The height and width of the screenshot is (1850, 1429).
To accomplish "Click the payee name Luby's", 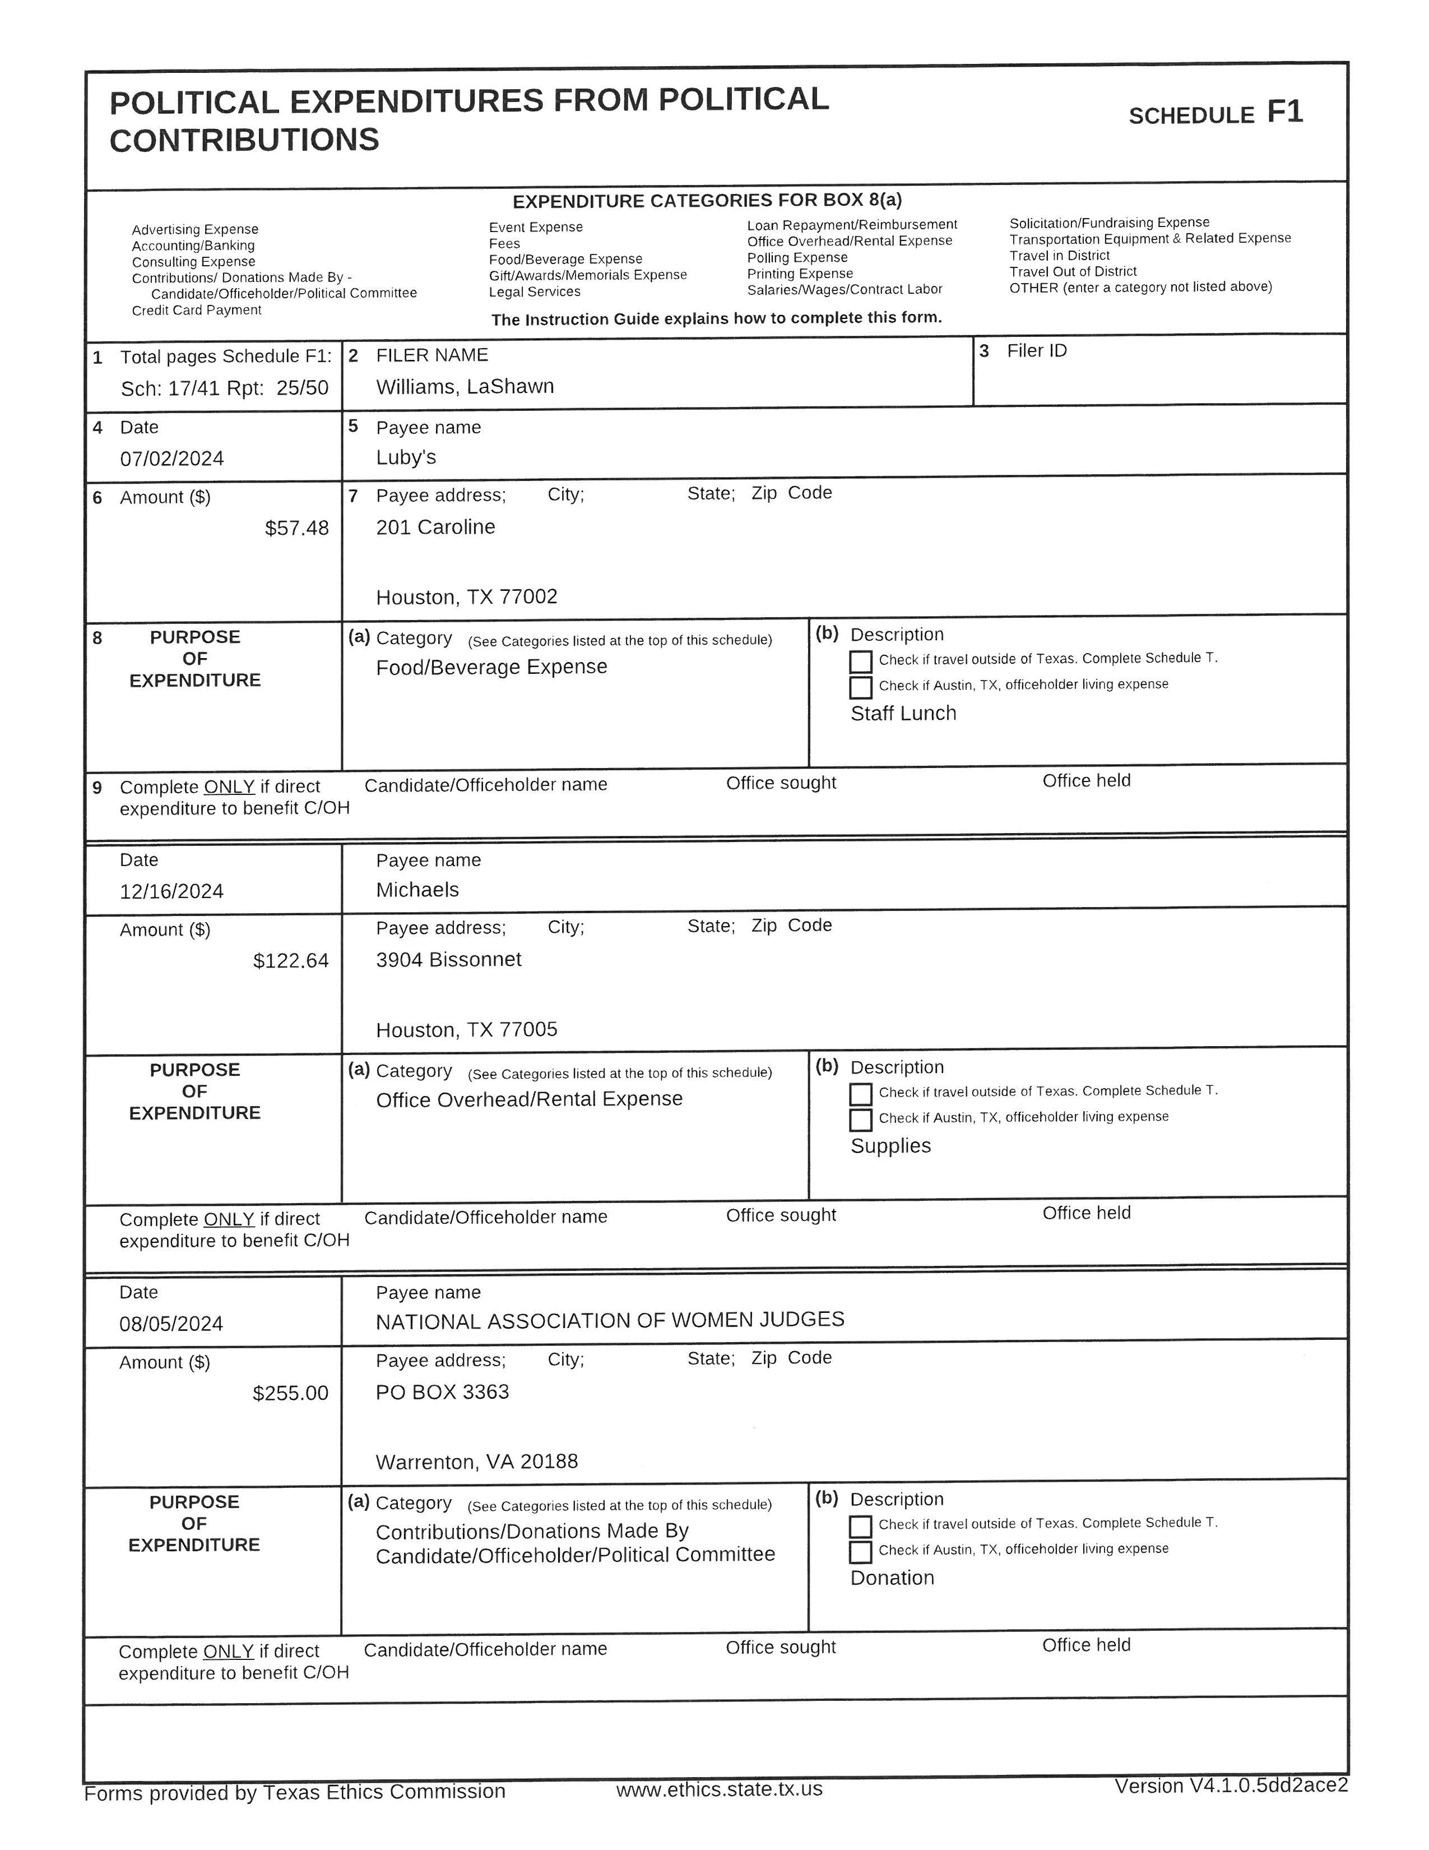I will (x=406, y=457).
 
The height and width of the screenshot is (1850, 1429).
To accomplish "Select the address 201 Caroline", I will (x=435, y=527).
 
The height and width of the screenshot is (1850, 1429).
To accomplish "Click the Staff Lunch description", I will (x=903, y=713).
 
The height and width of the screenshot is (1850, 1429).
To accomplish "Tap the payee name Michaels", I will (x=417, y=890).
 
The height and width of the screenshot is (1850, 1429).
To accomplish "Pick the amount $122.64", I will (x=290, y=960).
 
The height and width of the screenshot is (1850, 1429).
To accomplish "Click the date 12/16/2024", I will (x=172, y=891).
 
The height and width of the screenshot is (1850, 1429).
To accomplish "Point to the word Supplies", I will (x=890, y=1145).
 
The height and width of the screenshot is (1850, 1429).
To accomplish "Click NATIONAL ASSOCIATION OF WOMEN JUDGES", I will (x=610, y=1320).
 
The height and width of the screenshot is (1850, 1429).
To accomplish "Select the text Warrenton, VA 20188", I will (x=477, y=1461).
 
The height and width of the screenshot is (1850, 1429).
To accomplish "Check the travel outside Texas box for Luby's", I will (x=860, y=661).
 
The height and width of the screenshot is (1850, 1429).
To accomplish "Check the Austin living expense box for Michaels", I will (x=860, y=1120).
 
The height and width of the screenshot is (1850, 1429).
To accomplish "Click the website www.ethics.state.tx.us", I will (x=719, y=1788).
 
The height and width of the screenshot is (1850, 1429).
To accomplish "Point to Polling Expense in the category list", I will (x=797, y=257).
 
